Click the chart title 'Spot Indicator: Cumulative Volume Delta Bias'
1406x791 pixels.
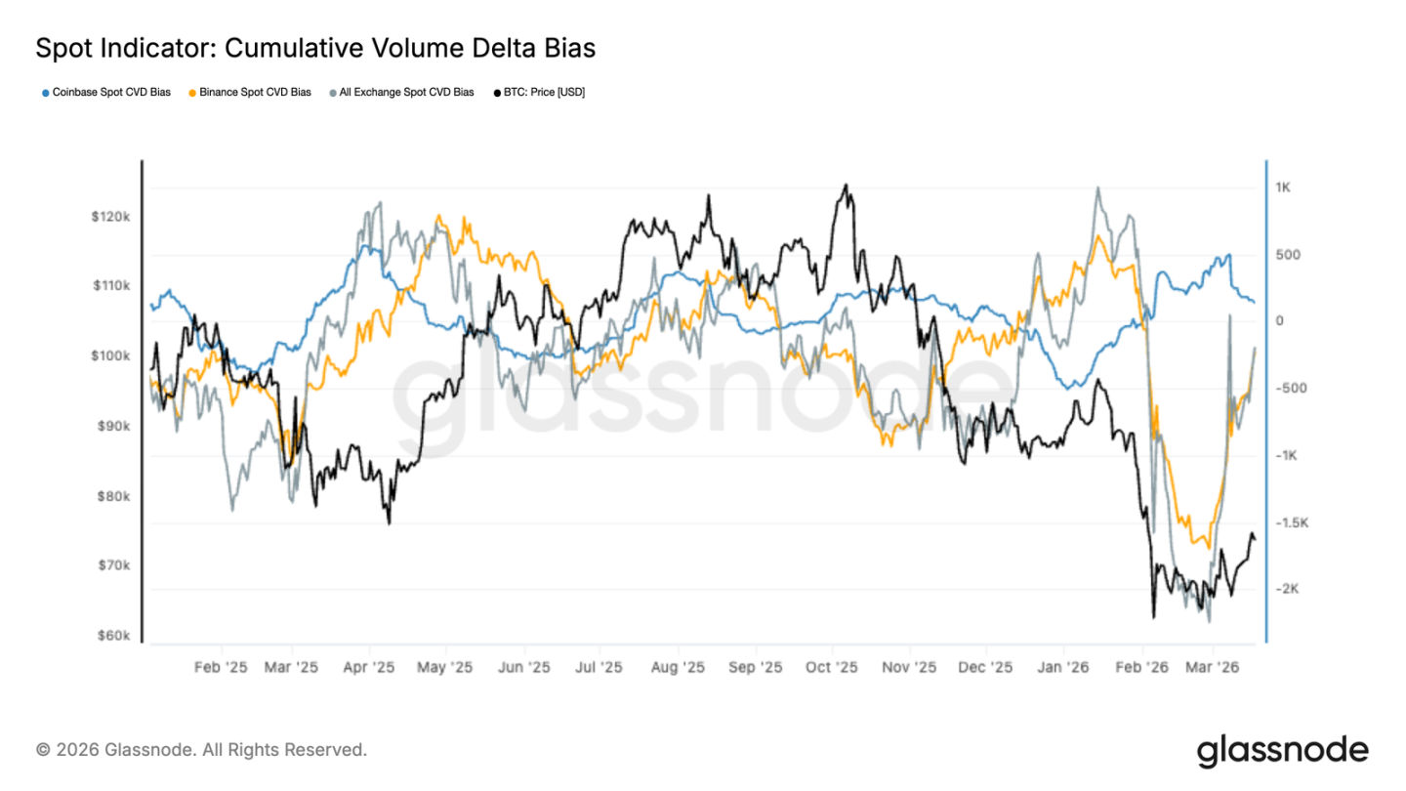pos(315,47)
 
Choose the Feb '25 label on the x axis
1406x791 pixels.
pos(221,668)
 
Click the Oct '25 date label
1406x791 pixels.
pos(833,668)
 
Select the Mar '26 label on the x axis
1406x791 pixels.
pos(1213,668)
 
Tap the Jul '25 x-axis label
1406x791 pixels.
pos(598,668)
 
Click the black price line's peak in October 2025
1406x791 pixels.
pos(846,185)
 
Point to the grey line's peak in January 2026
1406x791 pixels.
pos(1098,187)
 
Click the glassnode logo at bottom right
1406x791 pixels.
pos(1282,750)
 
